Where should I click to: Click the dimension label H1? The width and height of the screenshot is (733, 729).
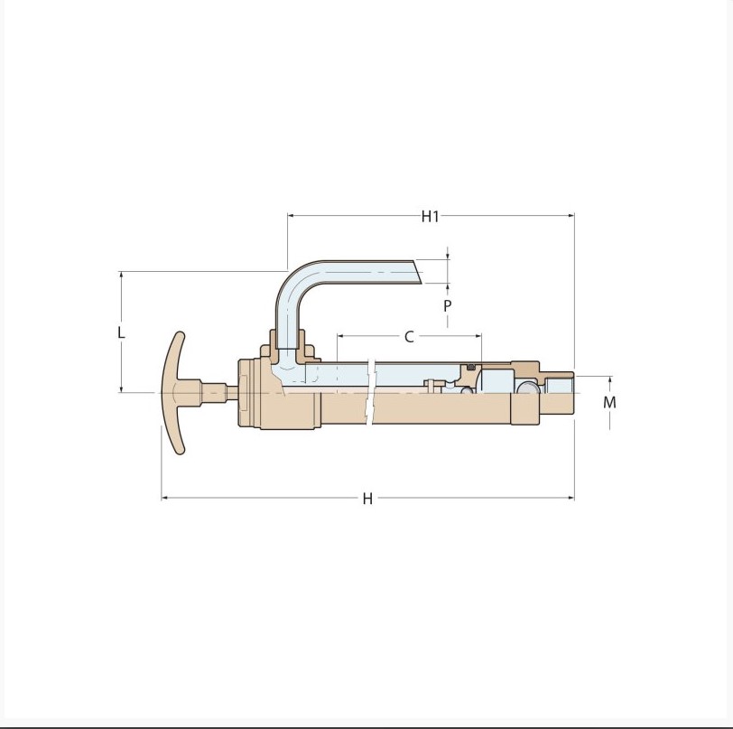click(x=430, y=216)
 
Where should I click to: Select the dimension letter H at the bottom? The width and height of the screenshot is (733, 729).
click(x=367, y=499)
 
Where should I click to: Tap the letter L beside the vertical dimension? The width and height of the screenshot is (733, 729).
click(x=121, y=332)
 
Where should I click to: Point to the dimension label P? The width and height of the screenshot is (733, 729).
click(x=447, y=306)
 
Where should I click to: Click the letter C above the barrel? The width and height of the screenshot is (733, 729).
click(x=409, y=337)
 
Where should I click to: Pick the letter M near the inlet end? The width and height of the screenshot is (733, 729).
click(x=609, y=402)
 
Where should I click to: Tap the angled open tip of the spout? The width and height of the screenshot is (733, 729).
click(x=416, y=272)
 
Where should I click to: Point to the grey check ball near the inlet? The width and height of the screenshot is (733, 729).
click(x=525, y=388)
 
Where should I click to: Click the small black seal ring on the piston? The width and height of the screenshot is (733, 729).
click(x=470, y=366)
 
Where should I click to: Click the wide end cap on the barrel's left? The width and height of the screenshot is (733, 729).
click(x=249, y=394)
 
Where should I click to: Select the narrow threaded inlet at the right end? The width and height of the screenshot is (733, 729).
click(x=560, y=394)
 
